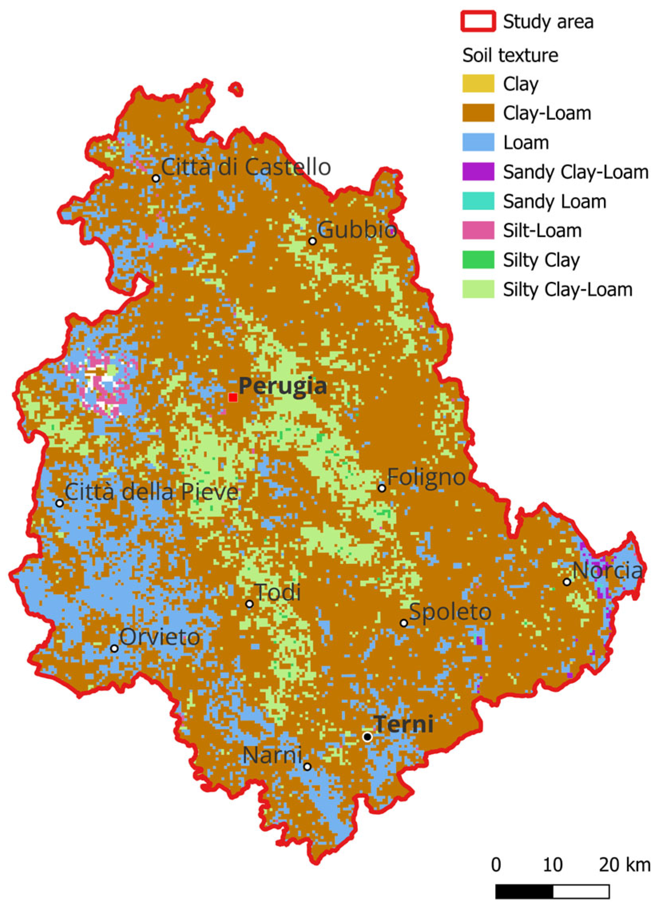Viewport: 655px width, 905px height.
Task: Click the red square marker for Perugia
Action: (233, 397)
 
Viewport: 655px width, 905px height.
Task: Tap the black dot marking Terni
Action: (367, 736)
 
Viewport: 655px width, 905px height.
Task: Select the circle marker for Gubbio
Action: (313, 241)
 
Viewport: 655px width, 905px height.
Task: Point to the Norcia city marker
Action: (567, 582)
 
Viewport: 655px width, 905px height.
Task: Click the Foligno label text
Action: (426, 477)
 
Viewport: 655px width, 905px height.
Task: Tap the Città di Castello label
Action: (246, 167)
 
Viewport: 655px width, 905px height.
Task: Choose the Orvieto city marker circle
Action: (114, 648)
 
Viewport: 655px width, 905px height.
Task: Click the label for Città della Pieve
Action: (151, 492)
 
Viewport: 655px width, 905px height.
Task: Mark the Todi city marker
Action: (250, 603)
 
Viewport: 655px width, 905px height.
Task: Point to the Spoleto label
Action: (450, 612)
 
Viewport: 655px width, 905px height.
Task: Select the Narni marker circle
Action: (307, 766)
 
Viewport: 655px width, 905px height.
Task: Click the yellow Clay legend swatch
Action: (478, 84)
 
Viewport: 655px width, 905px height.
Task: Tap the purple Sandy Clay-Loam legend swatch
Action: (478, 172)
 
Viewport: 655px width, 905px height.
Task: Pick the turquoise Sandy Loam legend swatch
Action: (478, 201)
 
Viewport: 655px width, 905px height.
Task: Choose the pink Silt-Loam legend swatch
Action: (478, 231)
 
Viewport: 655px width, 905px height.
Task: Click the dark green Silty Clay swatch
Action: (478, 260)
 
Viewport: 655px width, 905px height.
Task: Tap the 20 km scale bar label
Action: (624, 863)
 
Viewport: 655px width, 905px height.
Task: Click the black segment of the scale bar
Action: (524, 888)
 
